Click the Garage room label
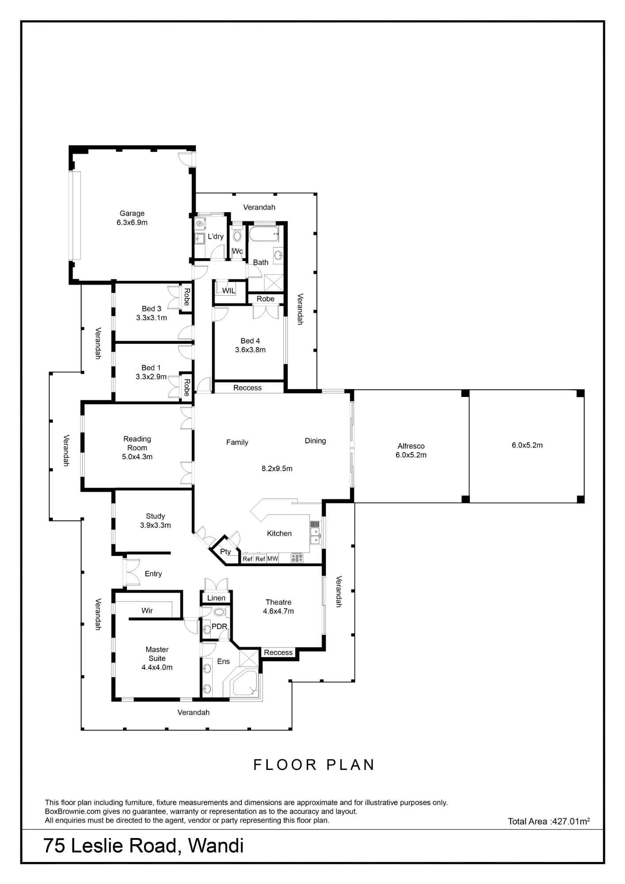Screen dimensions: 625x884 click(132, 213)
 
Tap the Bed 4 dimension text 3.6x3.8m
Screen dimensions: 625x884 click(250, 350)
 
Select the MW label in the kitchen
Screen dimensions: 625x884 click(273, 559)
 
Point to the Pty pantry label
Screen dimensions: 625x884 click(225, 552)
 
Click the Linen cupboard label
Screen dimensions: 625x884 click(216, 598)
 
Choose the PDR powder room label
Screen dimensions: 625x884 click(219, 626)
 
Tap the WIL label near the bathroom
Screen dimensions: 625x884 click(229, 291)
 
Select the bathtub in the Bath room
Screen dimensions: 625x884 click(263, 234)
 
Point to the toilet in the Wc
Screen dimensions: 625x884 click(237, 234)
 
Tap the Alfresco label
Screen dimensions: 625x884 click(411, 446)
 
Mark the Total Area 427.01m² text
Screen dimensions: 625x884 click(549, 821)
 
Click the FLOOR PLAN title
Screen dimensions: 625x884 click(314, 765)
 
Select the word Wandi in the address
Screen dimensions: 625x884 click(216, 846)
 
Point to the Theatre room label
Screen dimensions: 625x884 click(278, 602)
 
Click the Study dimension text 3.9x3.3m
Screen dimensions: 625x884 click(156, 525)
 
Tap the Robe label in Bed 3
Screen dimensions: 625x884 click(187, 297)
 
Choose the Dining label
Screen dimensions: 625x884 click(315, 441)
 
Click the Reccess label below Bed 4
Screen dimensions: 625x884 click(248, 388)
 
